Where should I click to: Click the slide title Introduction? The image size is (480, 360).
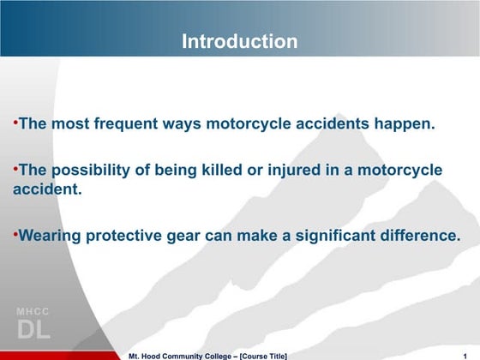(240, 41)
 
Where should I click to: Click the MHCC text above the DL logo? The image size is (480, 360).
(33, 310)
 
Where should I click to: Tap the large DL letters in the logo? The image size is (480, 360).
(33, 330)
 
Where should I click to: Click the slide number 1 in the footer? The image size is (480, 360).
(464, 355)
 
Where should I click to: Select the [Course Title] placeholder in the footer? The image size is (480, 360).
(257, 355)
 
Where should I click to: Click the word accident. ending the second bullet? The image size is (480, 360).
(47, 188)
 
